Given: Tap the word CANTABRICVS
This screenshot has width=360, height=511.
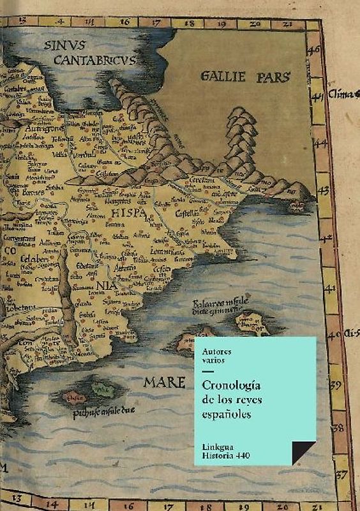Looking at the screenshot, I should pyautogui.click(x=94, y=61).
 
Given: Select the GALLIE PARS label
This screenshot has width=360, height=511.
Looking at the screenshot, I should pyautogui.click(x=245, y=77).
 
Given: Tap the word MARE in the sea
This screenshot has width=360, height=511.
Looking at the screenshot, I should pyautogui.click(x=164, y=382).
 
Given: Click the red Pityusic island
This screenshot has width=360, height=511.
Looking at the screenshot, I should pyautogui.click(x=76, y=396).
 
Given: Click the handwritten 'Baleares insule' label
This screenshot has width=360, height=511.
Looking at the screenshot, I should pyautogui.click(x=218, y=305).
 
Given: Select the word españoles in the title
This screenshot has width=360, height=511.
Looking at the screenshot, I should pyautogui.click(x=227, y=414).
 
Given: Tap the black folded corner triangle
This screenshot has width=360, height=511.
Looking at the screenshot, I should pyautogui.click(x=303, y=451).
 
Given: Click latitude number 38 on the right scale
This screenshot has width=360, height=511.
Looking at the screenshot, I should pyautogui.click(x=339, y=427).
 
